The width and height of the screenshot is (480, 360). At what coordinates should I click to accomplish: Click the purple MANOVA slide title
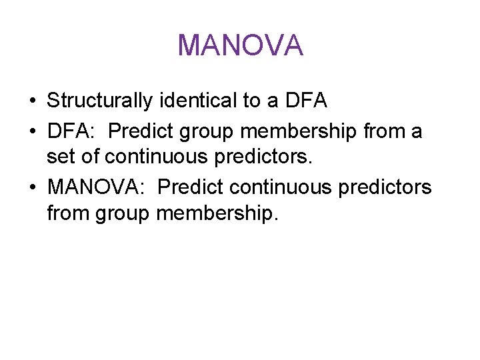[x=240, y=45]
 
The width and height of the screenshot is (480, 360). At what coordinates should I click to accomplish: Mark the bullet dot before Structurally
[x=32, y=101]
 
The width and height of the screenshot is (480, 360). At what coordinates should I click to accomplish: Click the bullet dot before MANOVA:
[x=32, y=188]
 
